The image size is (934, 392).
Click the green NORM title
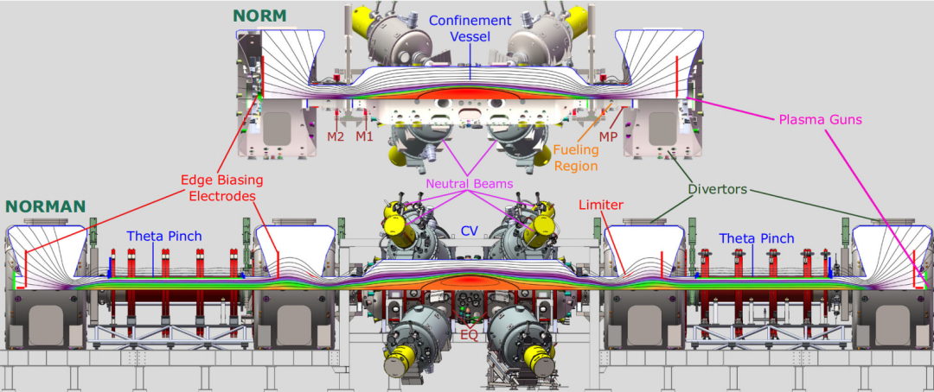(x=259, y=16)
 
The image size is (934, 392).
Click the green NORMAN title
(x=46, y=206)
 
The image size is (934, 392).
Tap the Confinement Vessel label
(x=470, y=28)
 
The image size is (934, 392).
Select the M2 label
(x=336, y=136)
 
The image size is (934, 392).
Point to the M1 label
(x=364, y=136)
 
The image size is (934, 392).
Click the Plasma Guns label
(x=820, y=120)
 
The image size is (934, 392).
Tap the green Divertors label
(x=718, y=190)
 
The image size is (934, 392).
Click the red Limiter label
(x=600, y=205)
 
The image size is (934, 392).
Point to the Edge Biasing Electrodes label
(x=222, y=187)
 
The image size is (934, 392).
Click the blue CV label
(x=470, y=231)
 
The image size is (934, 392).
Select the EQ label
(x=470, y=335)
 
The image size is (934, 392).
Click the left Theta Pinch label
(x=163, y=237)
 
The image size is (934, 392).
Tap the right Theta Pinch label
(x=757, y=238)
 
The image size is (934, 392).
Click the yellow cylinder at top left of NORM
(x=362, y=22)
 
